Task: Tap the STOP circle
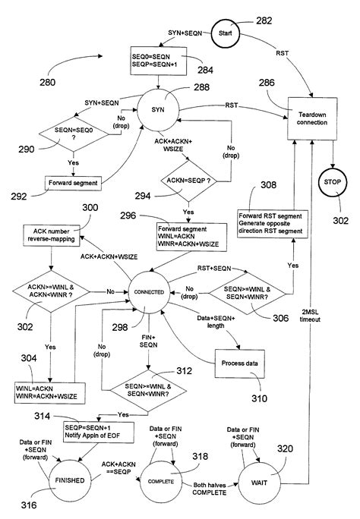pyautogui.click(x=333, y=184)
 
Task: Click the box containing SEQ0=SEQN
pyautogui.click(x=159, y=60)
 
